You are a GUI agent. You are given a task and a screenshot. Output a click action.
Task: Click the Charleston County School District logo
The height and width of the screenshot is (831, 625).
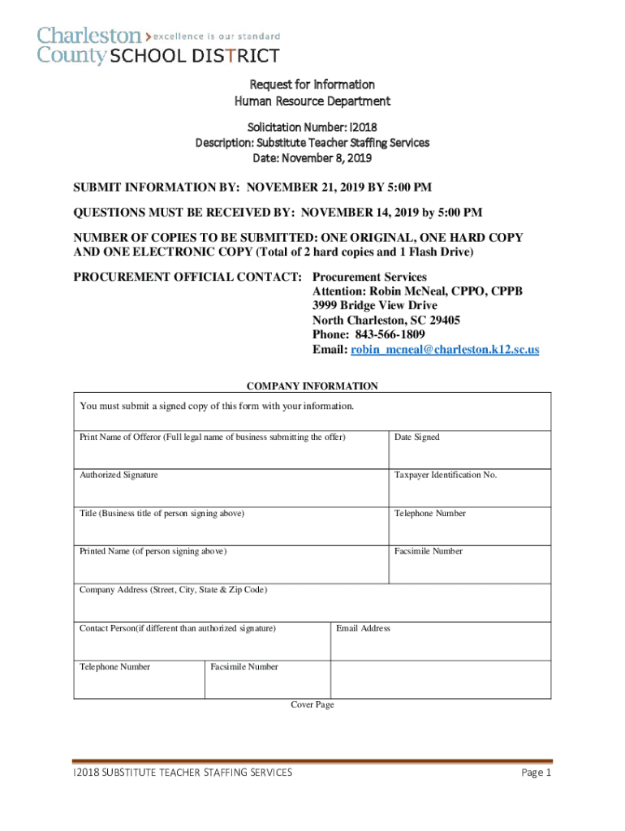[158, 45]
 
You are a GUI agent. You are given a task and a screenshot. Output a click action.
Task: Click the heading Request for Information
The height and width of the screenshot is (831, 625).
[312, 84]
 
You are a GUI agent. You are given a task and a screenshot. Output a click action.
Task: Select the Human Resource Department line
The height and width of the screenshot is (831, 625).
[312, 101]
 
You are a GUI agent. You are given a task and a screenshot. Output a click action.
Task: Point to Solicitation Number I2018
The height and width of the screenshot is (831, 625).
[312, 127]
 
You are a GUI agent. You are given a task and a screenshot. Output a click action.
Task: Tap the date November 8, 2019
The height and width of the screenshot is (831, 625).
[312, 157]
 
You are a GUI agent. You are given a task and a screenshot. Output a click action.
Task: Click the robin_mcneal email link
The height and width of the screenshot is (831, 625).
[445, 350]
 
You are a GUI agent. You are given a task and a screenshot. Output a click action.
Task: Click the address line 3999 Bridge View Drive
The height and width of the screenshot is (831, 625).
[374, 306]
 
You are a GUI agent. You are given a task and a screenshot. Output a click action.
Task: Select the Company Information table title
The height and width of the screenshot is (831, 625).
[312, 386]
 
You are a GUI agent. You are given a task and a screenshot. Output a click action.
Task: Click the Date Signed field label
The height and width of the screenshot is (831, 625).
[417, 437]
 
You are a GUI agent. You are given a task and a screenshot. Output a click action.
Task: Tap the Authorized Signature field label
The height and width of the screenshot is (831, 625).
[119, 475]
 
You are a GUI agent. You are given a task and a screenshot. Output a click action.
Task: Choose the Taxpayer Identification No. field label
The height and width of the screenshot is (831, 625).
[446, 475]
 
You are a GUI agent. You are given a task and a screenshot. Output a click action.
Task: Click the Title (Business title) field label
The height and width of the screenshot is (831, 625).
[162, 514]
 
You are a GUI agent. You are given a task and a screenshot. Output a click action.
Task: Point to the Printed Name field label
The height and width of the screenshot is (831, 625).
[153, 552]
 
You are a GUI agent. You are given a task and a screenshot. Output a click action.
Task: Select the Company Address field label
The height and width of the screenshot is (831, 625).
[173, 590]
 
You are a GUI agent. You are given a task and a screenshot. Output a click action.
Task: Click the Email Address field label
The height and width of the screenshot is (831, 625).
[363, 628]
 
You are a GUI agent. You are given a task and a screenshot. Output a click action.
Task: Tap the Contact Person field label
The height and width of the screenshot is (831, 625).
[178, 628]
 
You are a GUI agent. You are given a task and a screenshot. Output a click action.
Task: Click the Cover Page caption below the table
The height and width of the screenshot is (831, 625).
[312, 705]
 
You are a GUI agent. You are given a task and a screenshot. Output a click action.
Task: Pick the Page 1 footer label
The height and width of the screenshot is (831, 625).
[536, 773]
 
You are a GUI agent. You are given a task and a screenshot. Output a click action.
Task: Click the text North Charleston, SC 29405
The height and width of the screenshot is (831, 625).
[386, 321]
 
